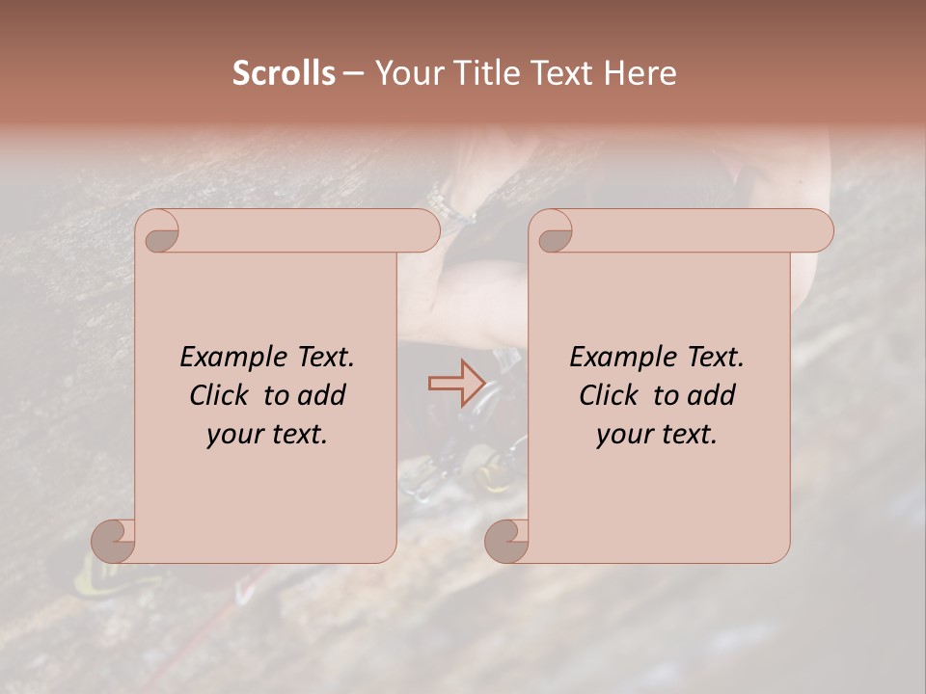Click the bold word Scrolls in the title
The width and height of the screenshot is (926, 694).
(x=285, y=73)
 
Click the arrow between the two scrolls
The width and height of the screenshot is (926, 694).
(x=456, y=383)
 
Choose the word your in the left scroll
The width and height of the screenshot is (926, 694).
(x=232, y=435)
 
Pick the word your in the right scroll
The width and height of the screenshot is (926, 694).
(x=622, y=435)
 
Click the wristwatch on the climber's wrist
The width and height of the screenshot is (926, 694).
(x=446, y=204)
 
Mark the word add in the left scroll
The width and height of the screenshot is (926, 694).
(x=322, y=395)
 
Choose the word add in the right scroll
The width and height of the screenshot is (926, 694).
(x=712, y=395)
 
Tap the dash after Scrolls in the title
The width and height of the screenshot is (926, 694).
(x=353, y=74)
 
